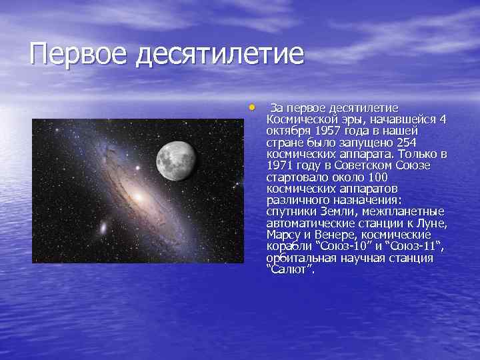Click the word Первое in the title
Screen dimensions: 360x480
pos(79,54)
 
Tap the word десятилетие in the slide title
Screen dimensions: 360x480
pos(219,54)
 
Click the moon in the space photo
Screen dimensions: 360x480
pos(176,154)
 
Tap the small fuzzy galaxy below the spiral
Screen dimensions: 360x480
pos(105,229)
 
